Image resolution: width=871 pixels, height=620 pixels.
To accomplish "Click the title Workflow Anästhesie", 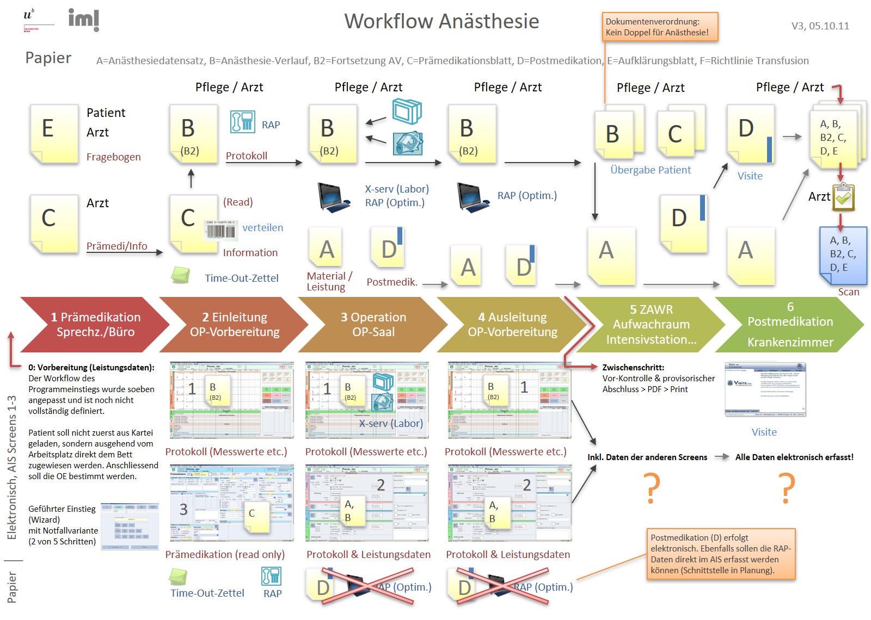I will click(x=441, y=21).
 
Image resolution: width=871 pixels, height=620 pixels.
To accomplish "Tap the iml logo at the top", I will click(x=83, y=20).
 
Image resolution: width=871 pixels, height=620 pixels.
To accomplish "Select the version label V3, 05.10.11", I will click(x=820, y=26).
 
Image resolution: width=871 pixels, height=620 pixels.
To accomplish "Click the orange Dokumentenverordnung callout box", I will click(x=660, y=27).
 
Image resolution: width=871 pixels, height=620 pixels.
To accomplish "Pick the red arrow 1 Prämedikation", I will click(x=93, y=325).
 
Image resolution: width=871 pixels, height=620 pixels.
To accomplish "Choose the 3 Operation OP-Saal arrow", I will click(x=373, y=325).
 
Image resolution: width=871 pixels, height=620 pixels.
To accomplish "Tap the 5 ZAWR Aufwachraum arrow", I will click(x=651, y=325).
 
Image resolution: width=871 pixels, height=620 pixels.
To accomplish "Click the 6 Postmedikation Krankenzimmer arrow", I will click(x=790, y=325).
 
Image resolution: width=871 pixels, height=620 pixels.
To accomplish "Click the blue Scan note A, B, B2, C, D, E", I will click(x=843, y=255).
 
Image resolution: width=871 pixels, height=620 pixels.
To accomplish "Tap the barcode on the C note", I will click(x=220, y=230).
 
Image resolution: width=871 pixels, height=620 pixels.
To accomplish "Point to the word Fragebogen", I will click(x=113, y=157).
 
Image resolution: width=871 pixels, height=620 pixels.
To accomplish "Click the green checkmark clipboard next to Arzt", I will click(x=843, y=197).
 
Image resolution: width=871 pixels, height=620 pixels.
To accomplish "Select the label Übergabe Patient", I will click(x=650, y=170).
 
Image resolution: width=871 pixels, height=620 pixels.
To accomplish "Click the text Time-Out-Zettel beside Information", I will click(x=241, y=278).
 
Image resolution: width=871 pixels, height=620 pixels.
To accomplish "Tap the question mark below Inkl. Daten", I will click(x=652, y=488).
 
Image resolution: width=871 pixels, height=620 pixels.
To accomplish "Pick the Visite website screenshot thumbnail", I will click(x=765, y=389).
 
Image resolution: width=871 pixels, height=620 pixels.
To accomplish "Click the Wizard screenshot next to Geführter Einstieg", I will click(x=130, y=526).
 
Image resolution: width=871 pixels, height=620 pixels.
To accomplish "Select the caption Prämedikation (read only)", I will click(x=225, y=555).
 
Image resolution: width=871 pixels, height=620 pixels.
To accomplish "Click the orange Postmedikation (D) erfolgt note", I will click(x=721, y=554).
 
